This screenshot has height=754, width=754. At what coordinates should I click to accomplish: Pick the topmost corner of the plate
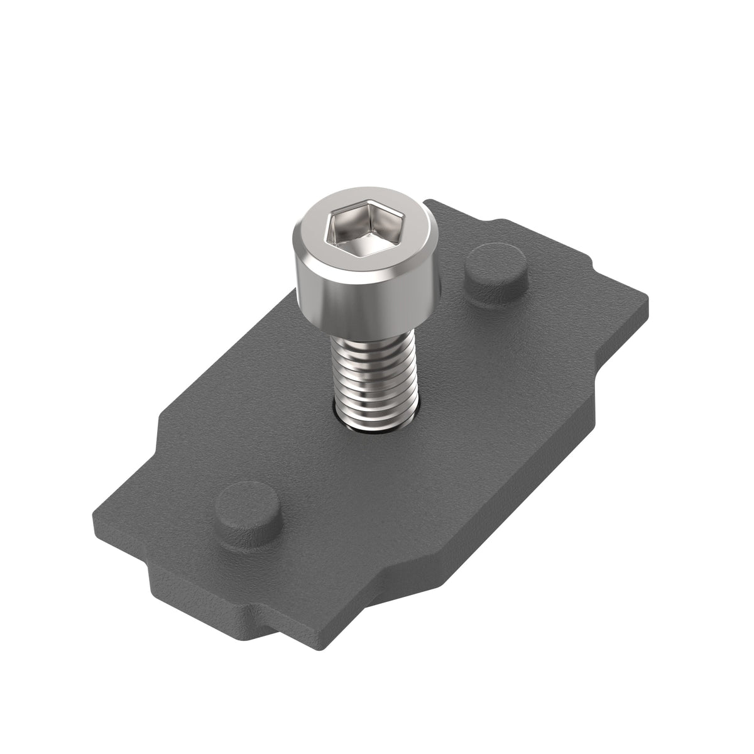click(x=431, y=202)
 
